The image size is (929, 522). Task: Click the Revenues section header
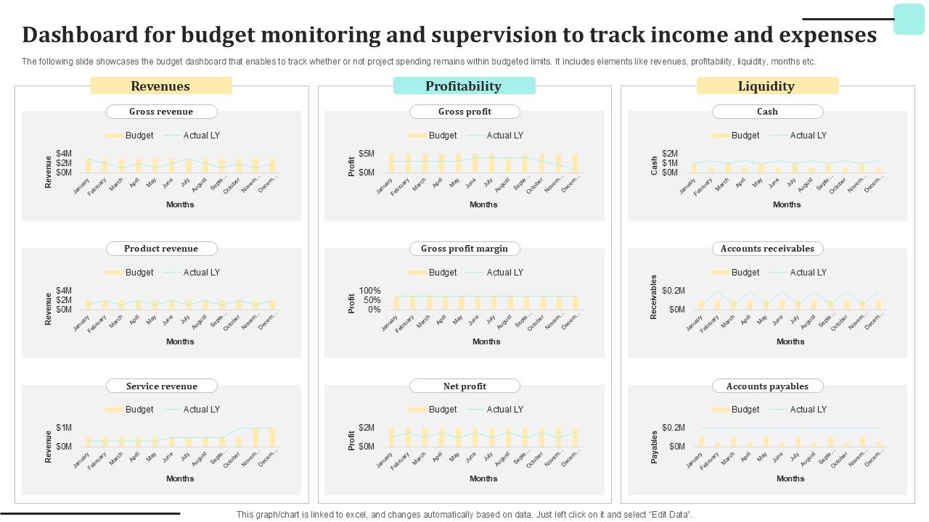160,86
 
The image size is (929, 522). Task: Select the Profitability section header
464,86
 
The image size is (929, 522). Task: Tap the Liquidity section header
766,86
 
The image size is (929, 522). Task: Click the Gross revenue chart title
161,112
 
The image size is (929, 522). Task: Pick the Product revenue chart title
161,249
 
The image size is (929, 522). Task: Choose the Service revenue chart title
161,386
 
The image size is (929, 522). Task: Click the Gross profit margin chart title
464,249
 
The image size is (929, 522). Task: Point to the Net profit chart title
464,386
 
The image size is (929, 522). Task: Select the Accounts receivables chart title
767,249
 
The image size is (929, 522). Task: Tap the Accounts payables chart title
767,386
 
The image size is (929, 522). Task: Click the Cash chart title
767,112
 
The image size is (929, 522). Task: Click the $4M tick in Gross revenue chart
64,154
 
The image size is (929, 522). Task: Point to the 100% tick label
369,291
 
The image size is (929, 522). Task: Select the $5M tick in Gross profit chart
367,154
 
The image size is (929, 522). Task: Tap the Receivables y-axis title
654,297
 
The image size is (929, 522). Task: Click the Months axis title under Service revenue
180,478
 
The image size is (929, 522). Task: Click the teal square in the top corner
909,19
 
